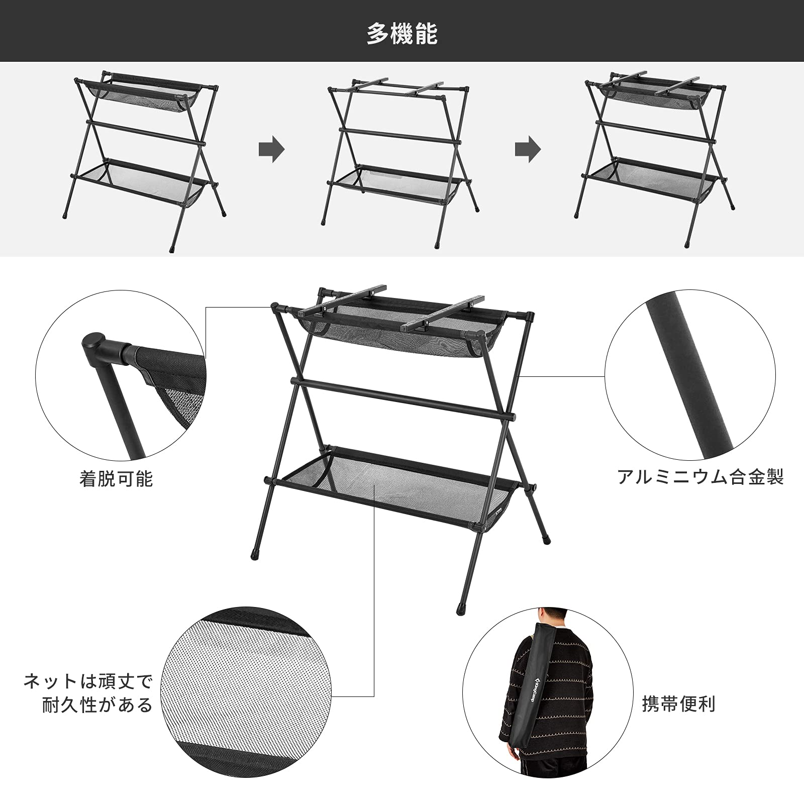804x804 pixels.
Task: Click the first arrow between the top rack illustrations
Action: coord(272,149)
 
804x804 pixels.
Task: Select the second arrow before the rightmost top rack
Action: coord(528,149)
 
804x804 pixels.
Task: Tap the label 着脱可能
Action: coord(116,479)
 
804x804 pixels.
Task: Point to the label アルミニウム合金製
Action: coord(700,476)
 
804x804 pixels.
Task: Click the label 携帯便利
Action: coord(678,704)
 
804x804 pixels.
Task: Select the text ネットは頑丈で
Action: coord(88,682)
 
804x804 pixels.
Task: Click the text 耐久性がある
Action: coord(97,705)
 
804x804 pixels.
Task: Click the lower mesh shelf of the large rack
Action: coord(392,492)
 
